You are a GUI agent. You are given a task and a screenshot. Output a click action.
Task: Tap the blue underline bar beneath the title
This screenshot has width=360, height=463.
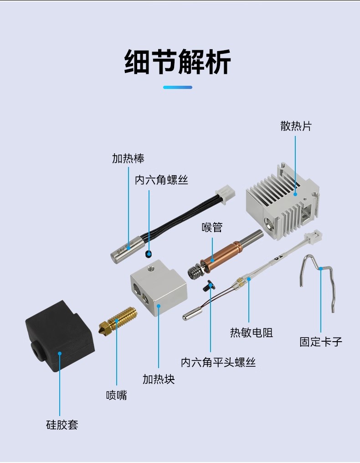178,87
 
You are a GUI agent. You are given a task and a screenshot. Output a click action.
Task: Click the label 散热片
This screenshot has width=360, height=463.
296,126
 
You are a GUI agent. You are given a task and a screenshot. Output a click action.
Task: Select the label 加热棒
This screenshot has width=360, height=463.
128,158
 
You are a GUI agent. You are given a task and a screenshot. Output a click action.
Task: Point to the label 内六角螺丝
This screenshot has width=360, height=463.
161,180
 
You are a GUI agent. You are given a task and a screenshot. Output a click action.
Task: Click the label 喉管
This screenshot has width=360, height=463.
212,227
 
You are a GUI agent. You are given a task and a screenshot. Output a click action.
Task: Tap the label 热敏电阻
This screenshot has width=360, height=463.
252,333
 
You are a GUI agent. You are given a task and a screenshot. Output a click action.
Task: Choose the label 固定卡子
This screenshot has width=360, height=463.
320,342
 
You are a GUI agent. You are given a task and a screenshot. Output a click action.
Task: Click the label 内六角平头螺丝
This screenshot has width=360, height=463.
218,362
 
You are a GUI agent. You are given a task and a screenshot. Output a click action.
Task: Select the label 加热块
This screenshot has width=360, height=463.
158,379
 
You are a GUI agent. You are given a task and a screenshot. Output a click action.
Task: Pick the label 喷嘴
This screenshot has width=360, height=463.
116,395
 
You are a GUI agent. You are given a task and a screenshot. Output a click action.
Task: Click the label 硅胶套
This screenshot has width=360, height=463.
62,425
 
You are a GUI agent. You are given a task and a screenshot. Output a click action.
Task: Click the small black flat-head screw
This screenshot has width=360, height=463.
209,286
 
